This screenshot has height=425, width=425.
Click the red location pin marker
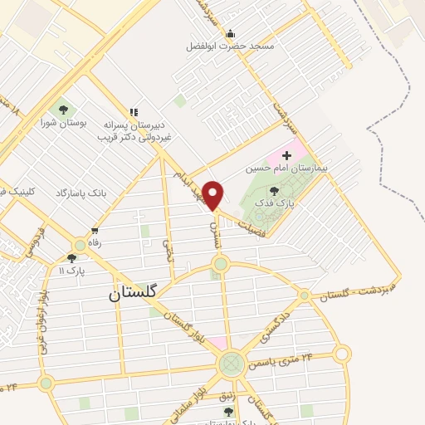click(213, 195)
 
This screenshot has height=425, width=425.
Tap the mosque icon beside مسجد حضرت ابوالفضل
click(230, 33)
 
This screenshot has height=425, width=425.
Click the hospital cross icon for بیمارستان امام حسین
click(287, 154)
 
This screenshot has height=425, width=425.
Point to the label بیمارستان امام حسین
click(287, 168)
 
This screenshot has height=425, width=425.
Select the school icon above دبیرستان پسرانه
click(134, 112)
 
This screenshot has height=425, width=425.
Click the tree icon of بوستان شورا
click(62, 109)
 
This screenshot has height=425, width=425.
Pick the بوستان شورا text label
click(63, 124)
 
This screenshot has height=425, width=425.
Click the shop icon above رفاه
click(95, 231)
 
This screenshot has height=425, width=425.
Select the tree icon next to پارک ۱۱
click(71, 258)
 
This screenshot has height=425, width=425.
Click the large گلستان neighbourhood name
click(138, 294)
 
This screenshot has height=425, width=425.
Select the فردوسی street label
click(30, 247)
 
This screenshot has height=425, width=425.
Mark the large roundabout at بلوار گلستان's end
click(232, 364)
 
